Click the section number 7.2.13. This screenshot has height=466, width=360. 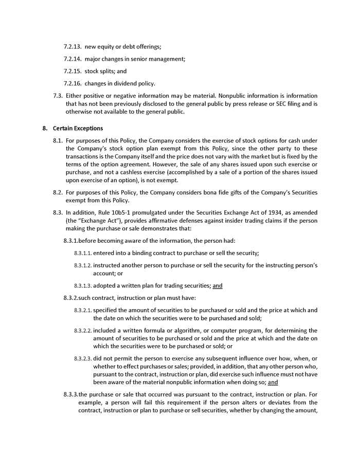(73, 47)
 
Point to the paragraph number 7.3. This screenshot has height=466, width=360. (58, 96)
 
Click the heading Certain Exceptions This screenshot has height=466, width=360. (78, 129)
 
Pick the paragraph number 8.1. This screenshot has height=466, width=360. (58, 140)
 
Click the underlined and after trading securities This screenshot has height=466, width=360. (218, 285)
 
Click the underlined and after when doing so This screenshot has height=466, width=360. (273, 382)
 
